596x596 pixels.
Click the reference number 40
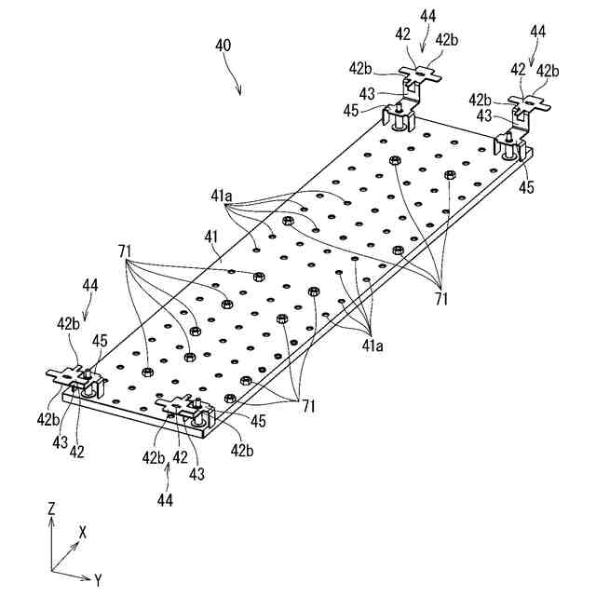[x=223, y=46]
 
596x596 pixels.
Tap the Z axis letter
[x=54, y=508]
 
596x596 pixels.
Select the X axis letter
[x=83, y=532]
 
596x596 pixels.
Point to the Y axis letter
[x=98, y=580]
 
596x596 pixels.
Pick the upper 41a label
[x=222, y=197]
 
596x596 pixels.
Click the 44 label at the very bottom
[x=165, y=500]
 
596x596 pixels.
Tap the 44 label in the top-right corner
[x=538, y=31]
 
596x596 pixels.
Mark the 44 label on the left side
[x=90, y=284]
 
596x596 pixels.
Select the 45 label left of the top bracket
[x=350, y=110]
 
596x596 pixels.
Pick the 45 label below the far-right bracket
[x=527, y=187]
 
